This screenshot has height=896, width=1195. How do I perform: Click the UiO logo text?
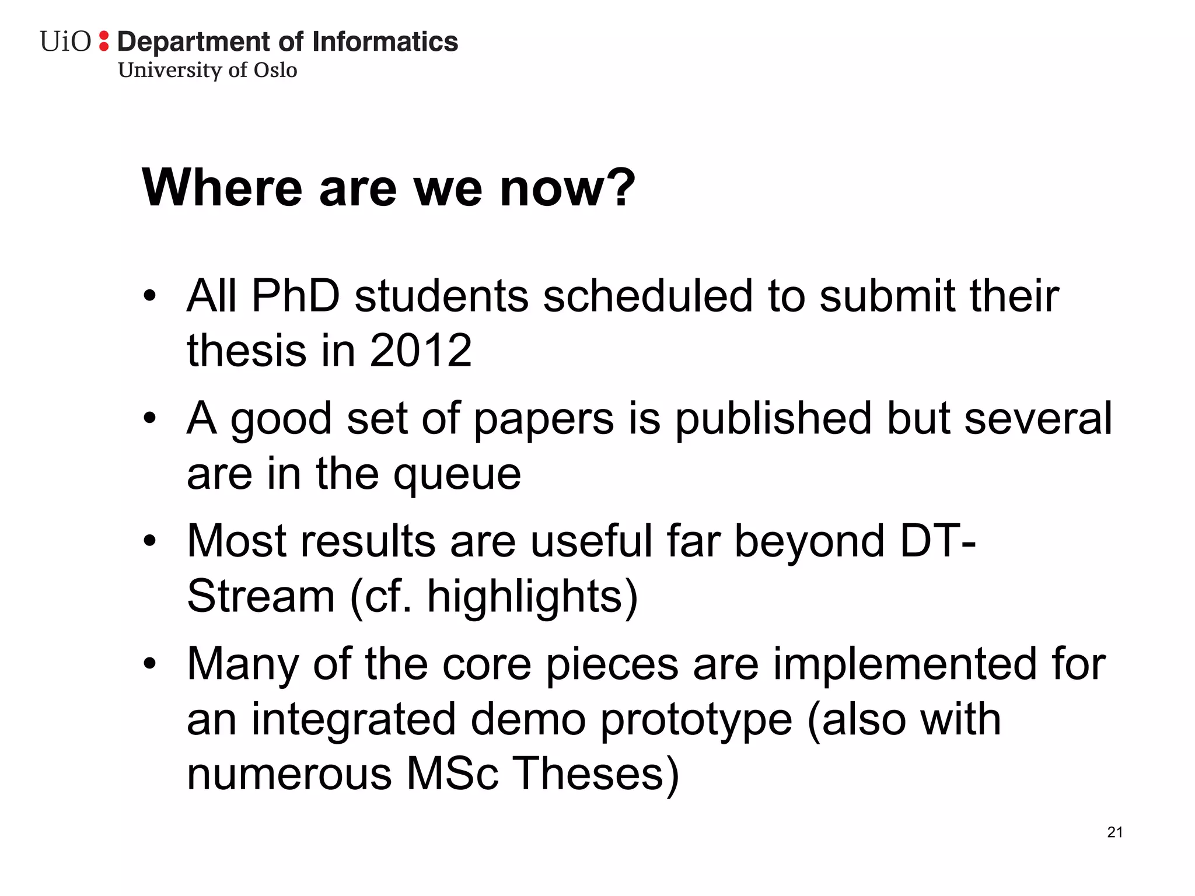click(65, 42)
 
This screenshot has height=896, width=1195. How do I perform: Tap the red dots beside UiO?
click(104, 41)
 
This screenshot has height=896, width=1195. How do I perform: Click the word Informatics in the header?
click(385, 42)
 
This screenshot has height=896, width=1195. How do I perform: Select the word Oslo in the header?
click(275, 70)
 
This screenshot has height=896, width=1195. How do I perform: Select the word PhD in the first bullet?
click(295, 296)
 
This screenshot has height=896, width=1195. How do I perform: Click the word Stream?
click(261, 596)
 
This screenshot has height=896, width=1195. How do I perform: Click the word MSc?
click(452, 774)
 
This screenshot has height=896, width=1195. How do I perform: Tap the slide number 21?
click(1114, 832)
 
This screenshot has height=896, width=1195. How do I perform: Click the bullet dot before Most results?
click(150, 541)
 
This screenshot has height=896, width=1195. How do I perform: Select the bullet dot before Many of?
click(150, 664)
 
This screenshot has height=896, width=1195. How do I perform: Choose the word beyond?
click(809, 541)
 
